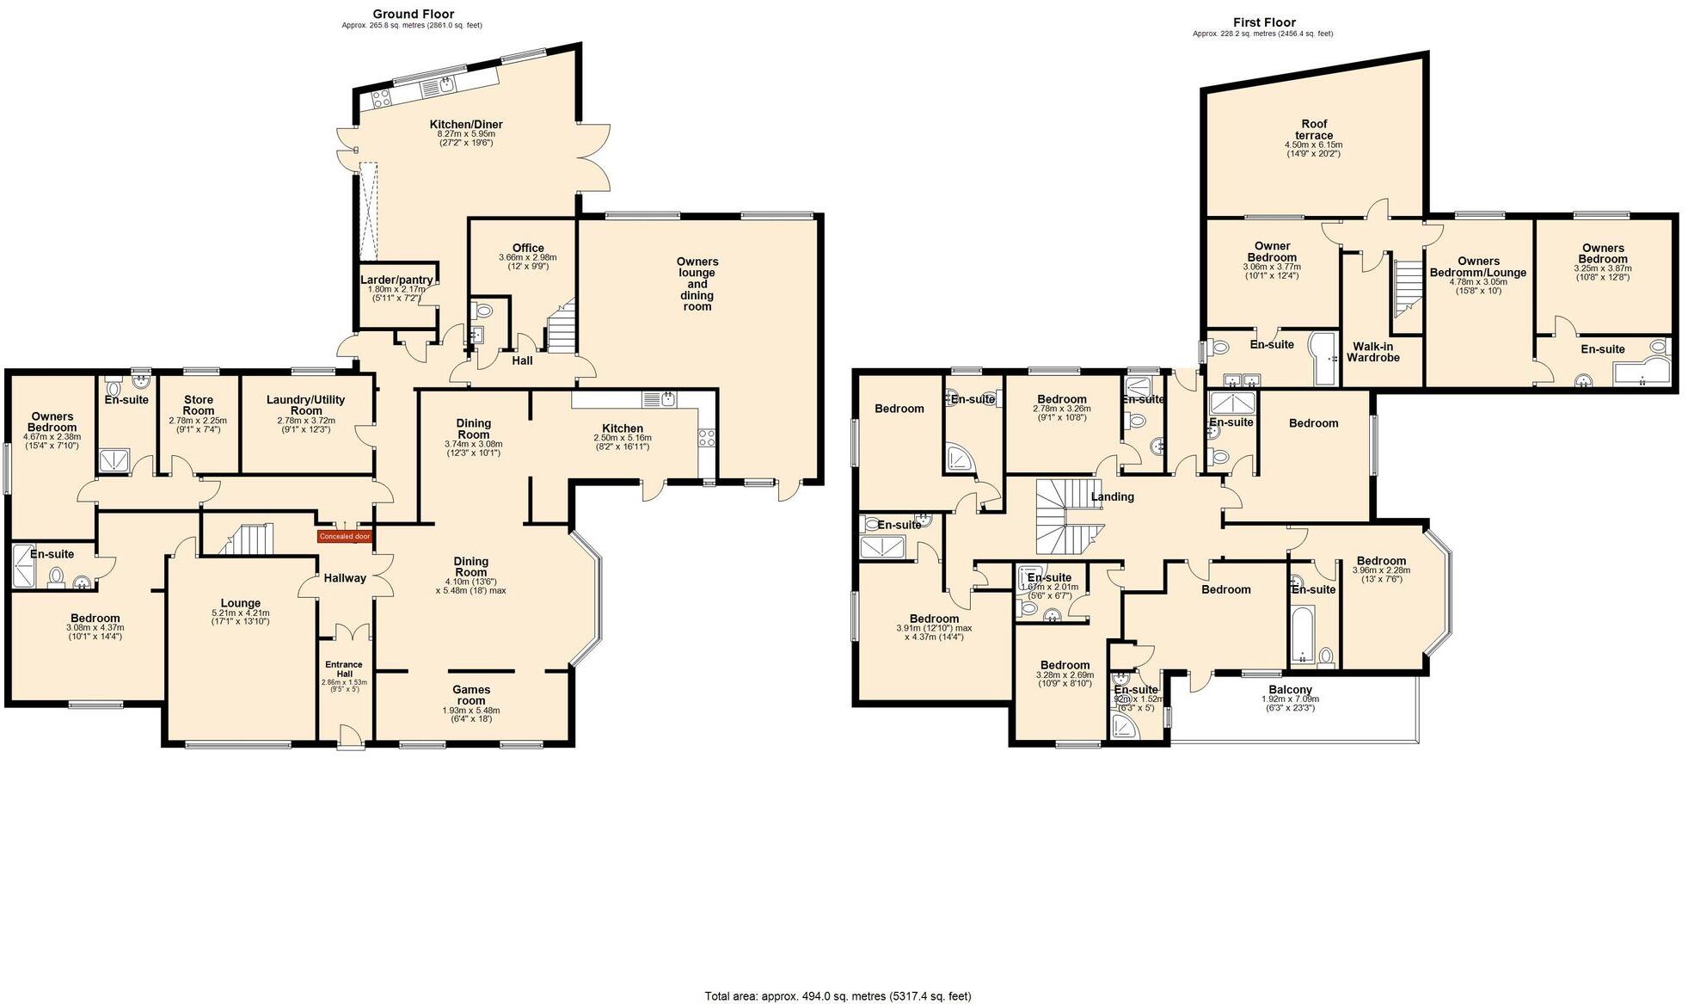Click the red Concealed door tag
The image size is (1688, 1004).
coord(344,537)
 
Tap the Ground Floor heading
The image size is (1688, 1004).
coord(413,14)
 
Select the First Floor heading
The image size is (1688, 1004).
coord(1264,22)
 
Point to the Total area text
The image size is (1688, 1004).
coord(838,996)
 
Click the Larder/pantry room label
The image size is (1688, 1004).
coord(396,280)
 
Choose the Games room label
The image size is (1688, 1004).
coord(471,694)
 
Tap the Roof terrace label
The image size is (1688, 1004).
coord(1314,129)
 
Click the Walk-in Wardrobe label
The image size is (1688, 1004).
coord(1372,352)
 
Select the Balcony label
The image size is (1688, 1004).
coord(1290,690)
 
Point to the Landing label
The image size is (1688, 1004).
coord(1112,496)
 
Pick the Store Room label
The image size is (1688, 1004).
coord(198,404)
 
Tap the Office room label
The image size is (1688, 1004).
coord(528,248)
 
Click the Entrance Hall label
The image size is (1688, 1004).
coord(344,668)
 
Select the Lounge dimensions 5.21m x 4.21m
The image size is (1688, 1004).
coord(241,613)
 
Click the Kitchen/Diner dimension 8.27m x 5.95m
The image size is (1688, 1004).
coord(466,134)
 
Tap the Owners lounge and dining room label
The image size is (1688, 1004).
coord(697,284)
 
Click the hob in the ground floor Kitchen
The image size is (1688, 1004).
coord(707,437)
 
